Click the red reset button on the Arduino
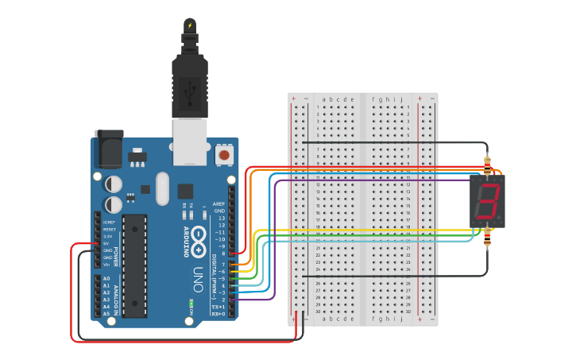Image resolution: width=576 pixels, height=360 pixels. click(x=224, y=155)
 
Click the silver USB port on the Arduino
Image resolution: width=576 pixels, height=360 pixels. click(x=191, y=141)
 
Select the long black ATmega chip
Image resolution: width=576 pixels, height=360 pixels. click(x=134, y=265)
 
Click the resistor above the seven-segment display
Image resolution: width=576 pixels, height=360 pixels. click(x=487, y=165)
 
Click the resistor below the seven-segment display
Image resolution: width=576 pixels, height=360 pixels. click(x=487, y=235)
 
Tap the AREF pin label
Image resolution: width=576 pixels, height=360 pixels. click(x=219, y=203)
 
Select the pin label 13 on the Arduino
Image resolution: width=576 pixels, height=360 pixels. click(x=222, y=218)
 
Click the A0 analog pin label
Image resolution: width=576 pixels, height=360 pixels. click(x=106, y=278)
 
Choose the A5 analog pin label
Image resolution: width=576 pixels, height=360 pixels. click(x=106, y=314)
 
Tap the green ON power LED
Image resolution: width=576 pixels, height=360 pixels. click(x=191, y=303)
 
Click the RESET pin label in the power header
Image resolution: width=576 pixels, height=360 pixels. click(x=109, y=229)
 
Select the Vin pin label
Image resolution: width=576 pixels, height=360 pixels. click(x=107, y=265)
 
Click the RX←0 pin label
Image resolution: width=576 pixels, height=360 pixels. click(x=218, y=314)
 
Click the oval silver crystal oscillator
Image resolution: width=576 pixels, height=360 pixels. click(x=163, y=188)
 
